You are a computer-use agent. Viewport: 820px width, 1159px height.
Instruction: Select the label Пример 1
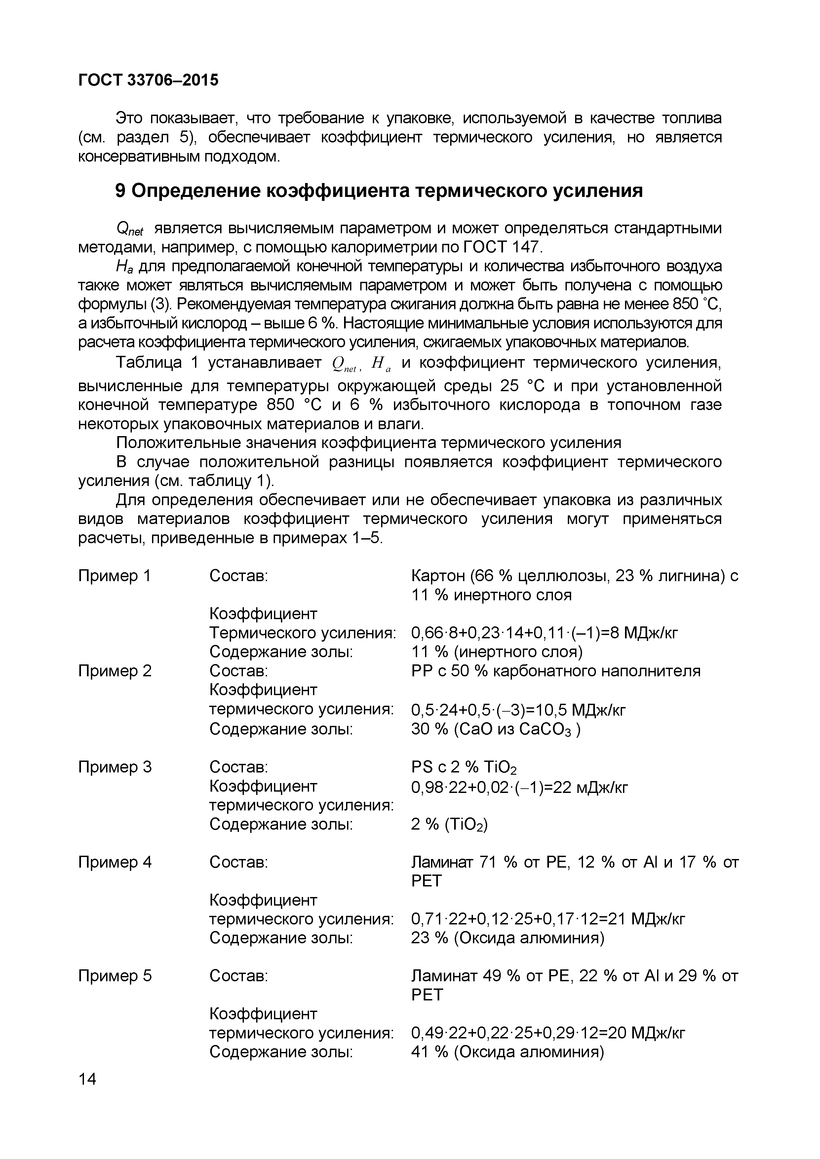(x=115, y=576)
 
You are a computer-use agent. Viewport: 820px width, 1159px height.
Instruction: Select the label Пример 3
(x=115, y=767)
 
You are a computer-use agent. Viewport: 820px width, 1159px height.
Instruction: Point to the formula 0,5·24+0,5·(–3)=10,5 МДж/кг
(x=518, y=710)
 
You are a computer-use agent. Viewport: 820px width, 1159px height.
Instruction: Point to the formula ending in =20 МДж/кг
(x=548, y=1033)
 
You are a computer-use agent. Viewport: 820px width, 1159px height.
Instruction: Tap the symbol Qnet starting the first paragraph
(x=130, y=230)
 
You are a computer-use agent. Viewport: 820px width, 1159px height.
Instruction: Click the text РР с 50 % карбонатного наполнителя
(x=555, y=671)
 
